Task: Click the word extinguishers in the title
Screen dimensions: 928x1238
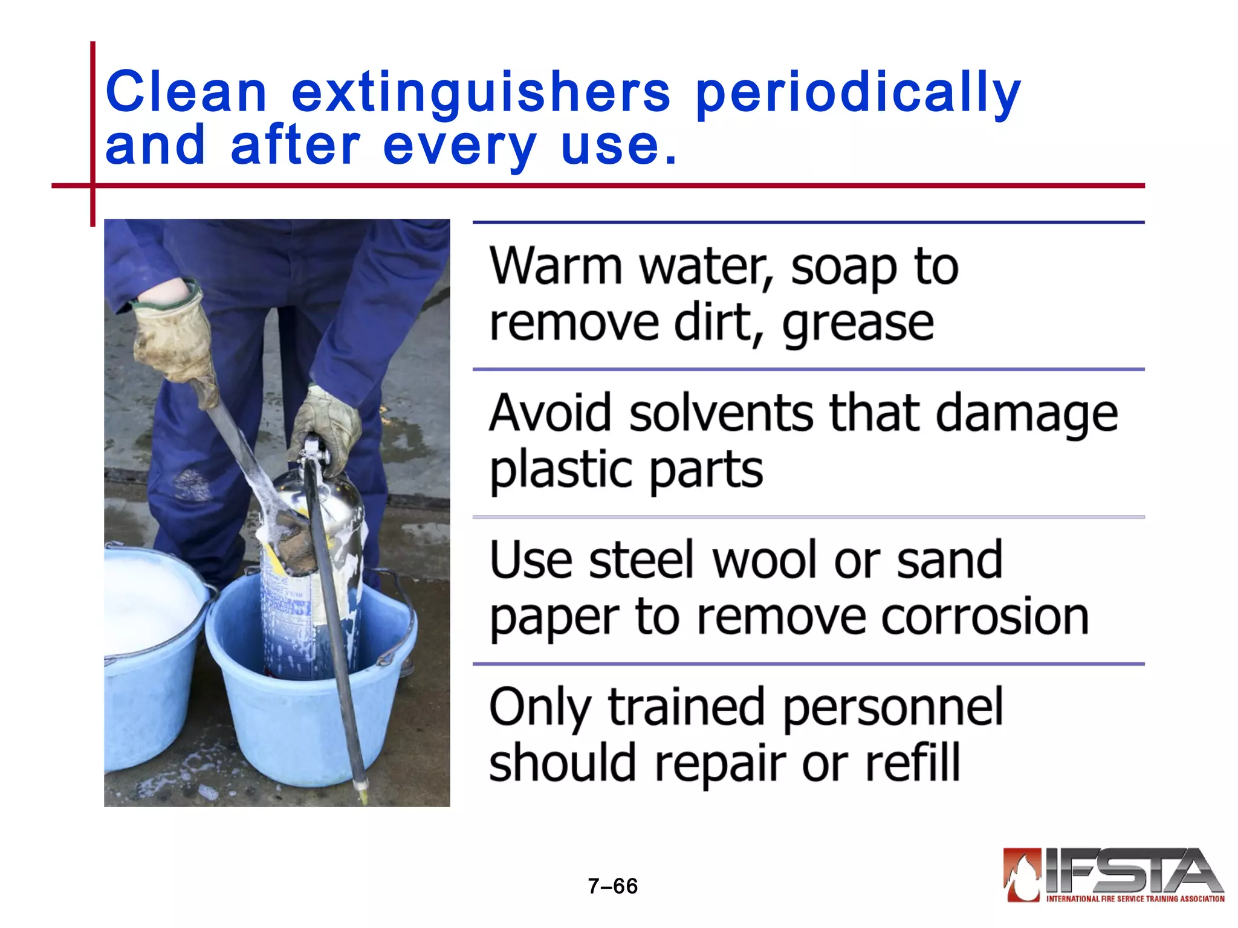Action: pyautogui.click(x=481, y=92)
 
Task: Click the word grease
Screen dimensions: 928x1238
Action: pyautogui.click(x=858, y=323)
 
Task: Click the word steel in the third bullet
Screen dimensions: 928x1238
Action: pyautogui.click(x=643, y=560)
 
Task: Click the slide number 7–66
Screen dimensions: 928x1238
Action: pyautogui.click(x=612, y=886)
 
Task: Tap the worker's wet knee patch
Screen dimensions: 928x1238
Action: pyautogui.click(x=192, y=483)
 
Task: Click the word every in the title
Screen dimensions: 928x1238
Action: pyautogui.click(x=459, y=146)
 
